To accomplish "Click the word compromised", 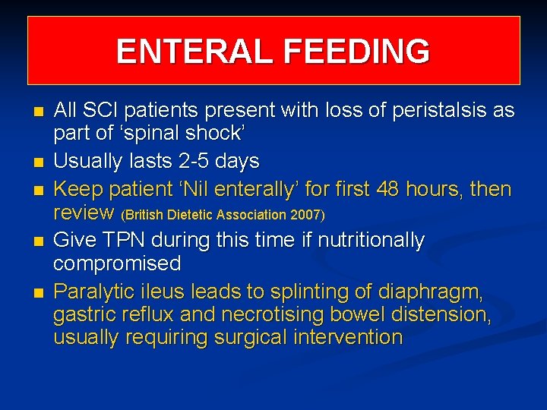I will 117,263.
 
